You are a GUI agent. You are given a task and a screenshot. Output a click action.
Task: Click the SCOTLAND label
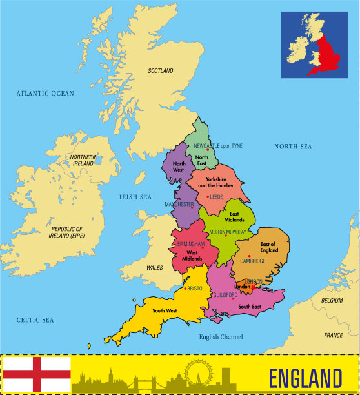(161, 70)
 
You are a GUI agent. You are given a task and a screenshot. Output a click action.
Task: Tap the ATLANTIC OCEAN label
(45, 94)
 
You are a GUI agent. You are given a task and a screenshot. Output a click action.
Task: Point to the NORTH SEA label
(293, 147)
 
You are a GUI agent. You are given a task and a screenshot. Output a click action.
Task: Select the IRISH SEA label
(135, 196)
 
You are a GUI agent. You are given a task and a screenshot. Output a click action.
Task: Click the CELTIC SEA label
(35, 320)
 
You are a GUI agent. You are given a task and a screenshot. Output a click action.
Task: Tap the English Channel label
(221, 337)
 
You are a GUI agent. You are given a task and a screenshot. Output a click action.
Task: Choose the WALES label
(155, 267)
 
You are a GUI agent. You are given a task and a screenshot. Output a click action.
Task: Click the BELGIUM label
(333, 301)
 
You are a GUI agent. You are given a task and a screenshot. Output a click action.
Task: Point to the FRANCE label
(334, 336)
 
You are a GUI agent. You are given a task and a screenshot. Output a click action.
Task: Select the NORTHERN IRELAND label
(83, 161)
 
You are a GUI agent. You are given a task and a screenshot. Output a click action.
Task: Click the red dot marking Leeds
(207, 197)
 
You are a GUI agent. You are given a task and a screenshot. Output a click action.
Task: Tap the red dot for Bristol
(185, 289)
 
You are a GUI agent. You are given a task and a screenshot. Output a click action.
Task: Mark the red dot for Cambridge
(249, 256)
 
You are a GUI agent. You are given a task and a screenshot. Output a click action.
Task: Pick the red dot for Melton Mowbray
(226, 236)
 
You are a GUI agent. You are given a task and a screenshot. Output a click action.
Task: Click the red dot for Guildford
(234, 298)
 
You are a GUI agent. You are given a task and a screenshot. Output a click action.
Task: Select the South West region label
(165, 311)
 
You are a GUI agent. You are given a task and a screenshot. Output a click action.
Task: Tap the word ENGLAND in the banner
(305, 378)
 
